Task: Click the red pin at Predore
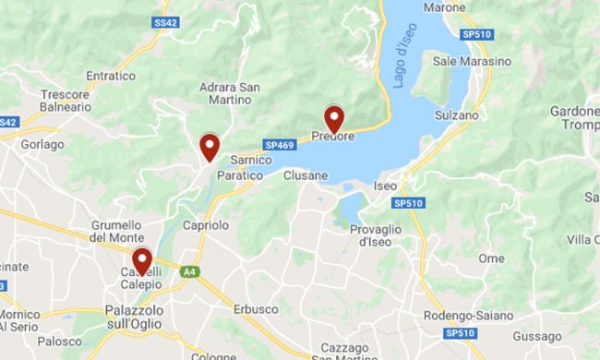click(334, 118)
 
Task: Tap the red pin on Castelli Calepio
click(141, 261)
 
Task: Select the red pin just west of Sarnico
click(210, 146)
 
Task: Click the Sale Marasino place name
click(472, 61)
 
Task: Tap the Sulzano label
click(457, 115)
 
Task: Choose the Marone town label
click(445, 7)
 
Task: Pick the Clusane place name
click(306, 175)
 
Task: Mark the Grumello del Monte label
click(116, 231)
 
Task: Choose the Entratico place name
click(110, 76)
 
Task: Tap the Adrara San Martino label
click(230, 94)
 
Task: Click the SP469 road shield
click(279, 145)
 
